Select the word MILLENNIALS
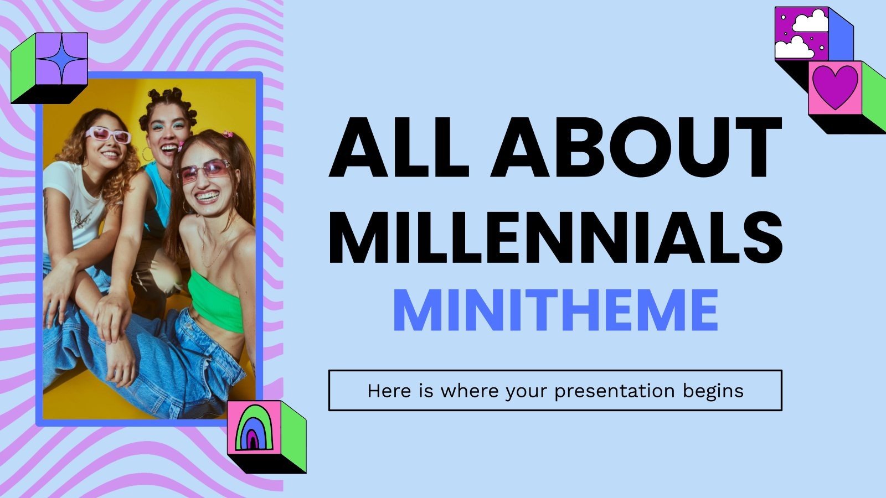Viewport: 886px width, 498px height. pyautogui.click(x=555, y=234)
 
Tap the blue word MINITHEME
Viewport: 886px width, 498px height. pyautogui.click(x=555, y=310)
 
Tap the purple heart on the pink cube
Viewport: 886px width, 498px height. pyautogui.click(x=835, y=87)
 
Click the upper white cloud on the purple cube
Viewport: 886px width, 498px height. pyautogui.click(x=811, y=20)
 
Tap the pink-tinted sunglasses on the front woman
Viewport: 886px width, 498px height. pyautogui.click(x=204, y=170)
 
